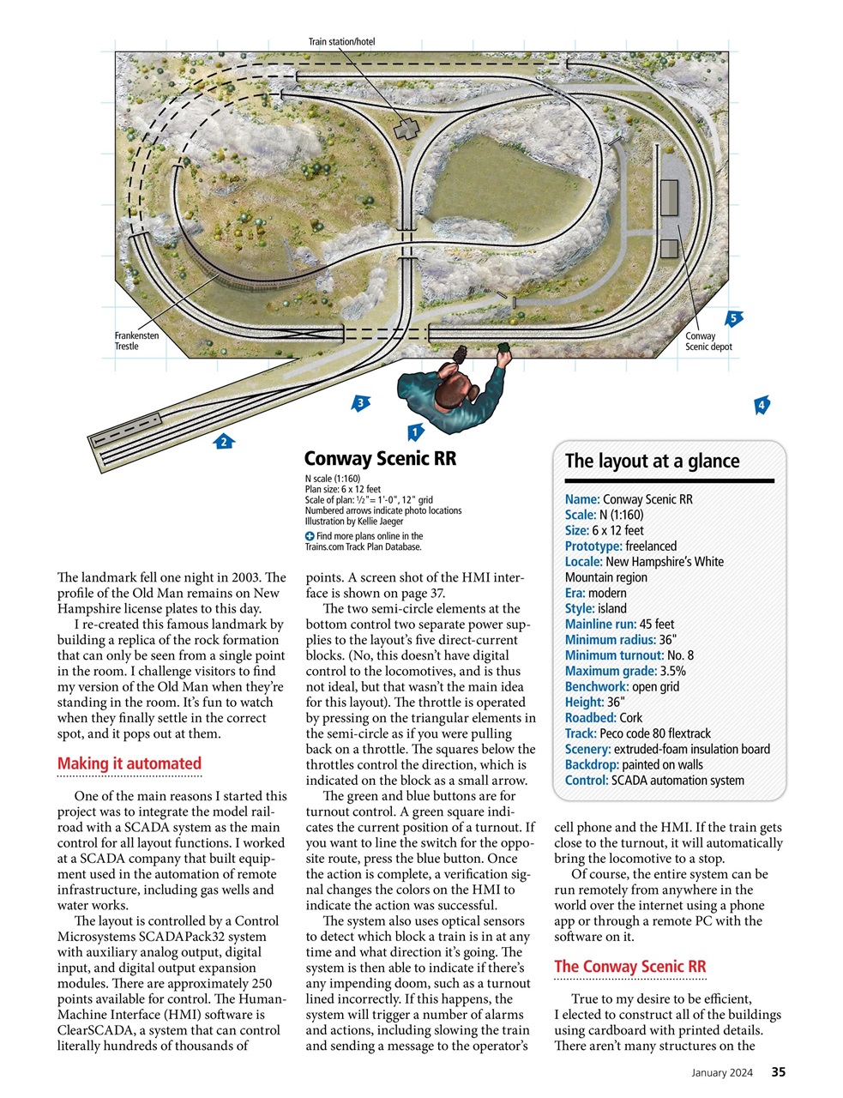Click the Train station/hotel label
(341, 41)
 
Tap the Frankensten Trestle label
(136, 341)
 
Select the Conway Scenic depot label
(708, 341)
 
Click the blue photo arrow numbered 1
(414, 431)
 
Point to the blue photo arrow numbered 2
(224, 442)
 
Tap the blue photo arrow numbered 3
(361, 402)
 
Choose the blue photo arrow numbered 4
(761, 405)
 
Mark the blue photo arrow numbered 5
(732, 318)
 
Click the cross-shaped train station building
(406, 130)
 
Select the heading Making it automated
(129, 763)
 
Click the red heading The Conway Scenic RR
(629, 966)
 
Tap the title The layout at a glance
(652, 461)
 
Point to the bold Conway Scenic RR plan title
(380, 459)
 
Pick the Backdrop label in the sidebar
(592, 764)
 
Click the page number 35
(778, 1071)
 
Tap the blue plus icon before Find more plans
(310, 536)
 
